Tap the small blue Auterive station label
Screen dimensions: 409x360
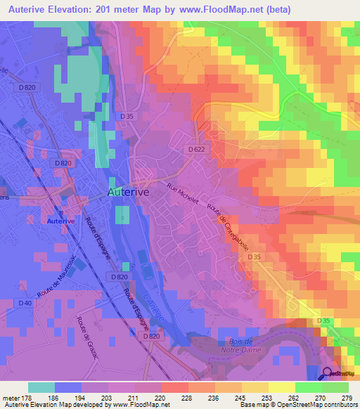(61, 221)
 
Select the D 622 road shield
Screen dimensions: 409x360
(198, 150)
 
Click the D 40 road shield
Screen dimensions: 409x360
(25, 303)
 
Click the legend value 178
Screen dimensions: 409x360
(28, 397)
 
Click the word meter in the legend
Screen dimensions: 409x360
(10, 397)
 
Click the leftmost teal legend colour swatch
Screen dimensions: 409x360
(42, 387)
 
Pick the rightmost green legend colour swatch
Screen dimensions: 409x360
(335, 387)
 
